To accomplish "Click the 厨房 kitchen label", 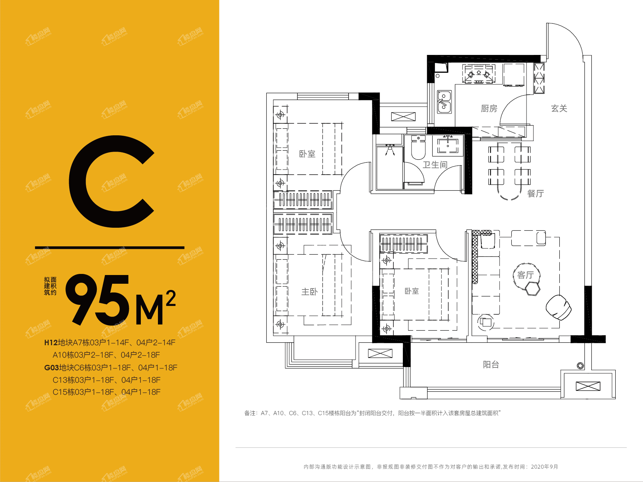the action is tap(489, 108).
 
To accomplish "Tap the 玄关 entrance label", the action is tap(559, 108).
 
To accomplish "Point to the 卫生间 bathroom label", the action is tap(435, 165).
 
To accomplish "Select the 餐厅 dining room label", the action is tap(535, 194).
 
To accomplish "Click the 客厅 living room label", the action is tap(525, 275).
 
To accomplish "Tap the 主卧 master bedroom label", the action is tap(309, 292).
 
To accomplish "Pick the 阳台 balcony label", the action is tap(491, 365).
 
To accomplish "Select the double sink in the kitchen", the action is tap(444, 102).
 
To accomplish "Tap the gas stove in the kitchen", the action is tap(479, 74).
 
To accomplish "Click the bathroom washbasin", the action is tap(448, 144).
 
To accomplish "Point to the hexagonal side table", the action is tap(533, 289).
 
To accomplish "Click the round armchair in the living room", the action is tap(559, 307).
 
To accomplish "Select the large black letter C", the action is tap(111, 182).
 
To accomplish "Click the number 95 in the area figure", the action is tap(98, 299).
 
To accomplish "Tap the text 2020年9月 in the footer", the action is tap(544, 467).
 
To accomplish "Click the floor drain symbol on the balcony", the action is tap(580, 366).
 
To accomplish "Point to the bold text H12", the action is tap(51, 343).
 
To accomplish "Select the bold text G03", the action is tap(52, 368).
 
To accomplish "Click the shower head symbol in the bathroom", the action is tap(390, 150).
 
